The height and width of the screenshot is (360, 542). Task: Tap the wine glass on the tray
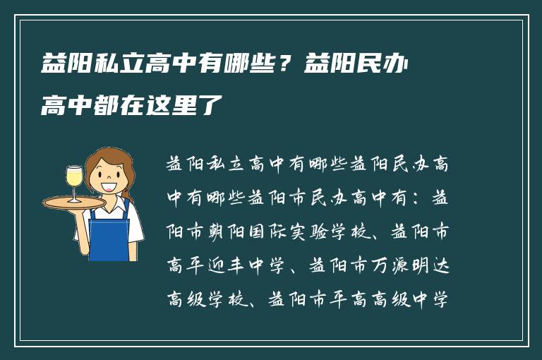pos(74,181)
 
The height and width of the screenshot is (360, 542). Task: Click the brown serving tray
pos(73,203)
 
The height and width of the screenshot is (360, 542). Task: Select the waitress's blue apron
pos(110,229)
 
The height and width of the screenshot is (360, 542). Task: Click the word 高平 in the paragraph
pos(186,266)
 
